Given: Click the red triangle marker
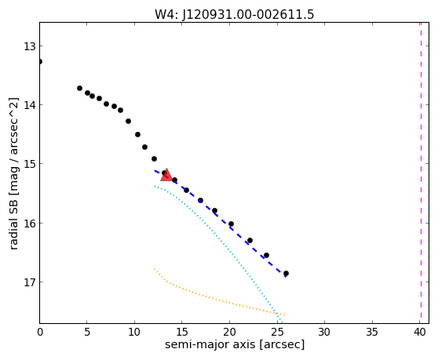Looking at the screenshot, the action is coord(166,175).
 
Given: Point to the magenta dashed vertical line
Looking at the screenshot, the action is coord(421,173).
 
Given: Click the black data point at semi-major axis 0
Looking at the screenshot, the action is coord(40,61).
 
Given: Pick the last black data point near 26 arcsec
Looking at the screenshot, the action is coord(286,274).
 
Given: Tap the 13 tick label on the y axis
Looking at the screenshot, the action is coord(30,46).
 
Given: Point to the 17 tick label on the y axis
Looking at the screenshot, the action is coord(30,282).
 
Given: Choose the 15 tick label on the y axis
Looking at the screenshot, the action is coord(30,164).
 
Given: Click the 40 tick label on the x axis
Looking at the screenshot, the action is coord(420,332).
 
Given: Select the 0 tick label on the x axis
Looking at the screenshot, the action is coord(40,332).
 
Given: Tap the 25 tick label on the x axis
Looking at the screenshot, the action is coord(277,332).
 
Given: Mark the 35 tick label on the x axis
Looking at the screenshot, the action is coord(372,332).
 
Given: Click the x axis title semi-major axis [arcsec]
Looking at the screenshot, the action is coord(235,344).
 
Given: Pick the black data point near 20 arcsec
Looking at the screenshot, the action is coord(231,224).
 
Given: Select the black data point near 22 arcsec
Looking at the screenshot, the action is coord(250,240).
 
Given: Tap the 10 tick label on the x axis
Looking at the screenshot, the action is coord(135,332).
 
